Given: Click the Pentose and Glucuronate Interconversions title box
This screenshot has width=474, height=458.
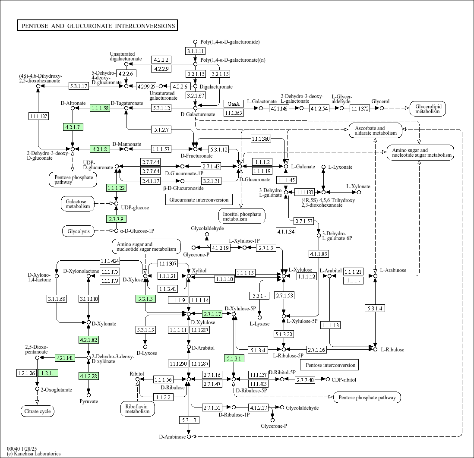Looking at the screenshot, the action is coord(97,26).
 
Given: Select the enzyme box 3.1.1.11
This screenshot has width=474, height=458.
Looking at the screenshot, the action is coord(195,51).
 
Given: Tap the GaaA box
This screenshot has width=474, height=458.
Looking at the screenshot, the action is coord(234,104).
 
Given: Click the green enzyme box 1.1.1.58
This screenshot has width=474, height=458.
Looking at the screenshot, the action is coord(100,108).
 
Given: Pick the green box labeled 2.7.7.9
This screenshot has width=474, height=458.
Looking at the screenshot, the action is coord(116,218).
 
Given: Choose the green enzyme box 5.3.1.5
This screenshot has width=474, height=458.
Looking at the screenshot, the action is coord(146,299).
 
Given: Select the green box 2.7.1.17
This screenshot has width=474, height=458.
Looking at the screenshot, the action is coord(212,314).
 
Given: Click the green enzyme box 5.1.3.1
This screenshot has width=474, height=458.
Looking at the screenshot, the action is coord(234,358).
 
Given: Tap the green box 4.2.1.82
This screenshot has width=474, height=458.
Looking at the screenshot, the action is coord(88,340).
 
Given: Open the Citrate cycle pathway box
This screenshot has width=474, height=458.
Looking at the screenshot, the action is coord(38,411).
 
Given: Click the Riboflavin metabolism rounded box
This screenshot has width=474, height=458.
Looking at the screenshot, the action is coord(138,409).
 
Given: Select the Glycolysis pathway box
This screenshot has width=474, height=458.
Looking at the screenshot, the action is coord(79,231).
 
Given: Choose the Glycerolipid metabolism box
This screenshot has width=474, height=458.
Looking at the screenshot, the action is coord(428,109).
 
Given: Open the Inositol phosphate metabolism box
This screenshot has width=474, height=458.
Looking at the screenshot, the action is coord(242,216).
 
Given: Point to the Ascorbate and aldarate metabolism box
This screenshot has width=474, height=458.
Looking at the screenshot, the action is coord(376,131).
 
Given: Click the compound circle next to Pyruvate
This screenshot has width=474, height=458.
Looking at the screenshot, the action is coord(88,395).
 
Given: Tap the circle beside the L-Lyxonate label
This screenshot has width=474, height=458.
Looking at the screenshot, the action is coord(323,167).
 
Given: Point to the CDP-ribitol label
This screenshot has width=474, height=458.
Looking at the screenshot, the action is coord(344,380).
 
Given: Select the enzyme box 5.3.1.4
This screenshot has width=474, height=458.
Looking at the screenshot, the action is coord(375,308).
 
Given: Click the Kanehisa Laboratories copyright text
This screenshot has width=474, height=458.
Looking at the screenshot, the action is coord(34,453).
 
